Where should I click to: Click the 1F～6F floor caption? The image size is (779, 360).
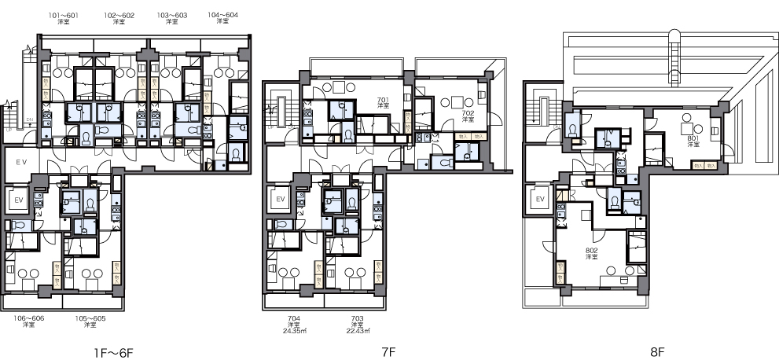click(x=115, y=354)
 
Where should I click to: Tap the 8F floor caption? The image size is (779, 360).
click(x=657, y=354)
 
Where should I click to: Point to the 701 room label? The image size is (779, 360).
click(x=383, y=101)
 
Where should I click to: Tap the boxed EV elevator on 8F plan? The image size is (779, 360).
click(x=540, y=200)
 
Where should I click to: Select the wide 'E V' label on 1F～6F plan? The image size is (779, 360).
click(x=22, y=161)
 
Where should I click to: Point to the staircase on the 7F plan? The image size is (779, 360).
click(x=279, y=110)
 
